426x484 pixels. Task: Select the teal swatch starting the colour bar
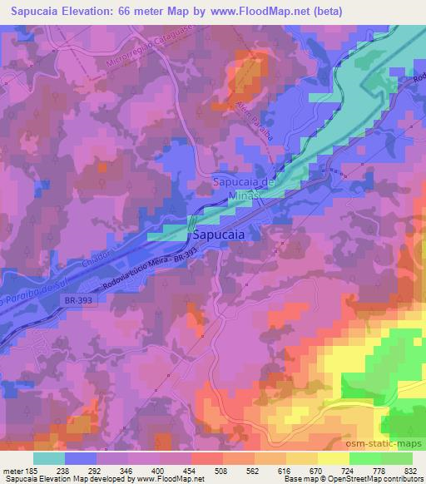coord(49,458)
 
